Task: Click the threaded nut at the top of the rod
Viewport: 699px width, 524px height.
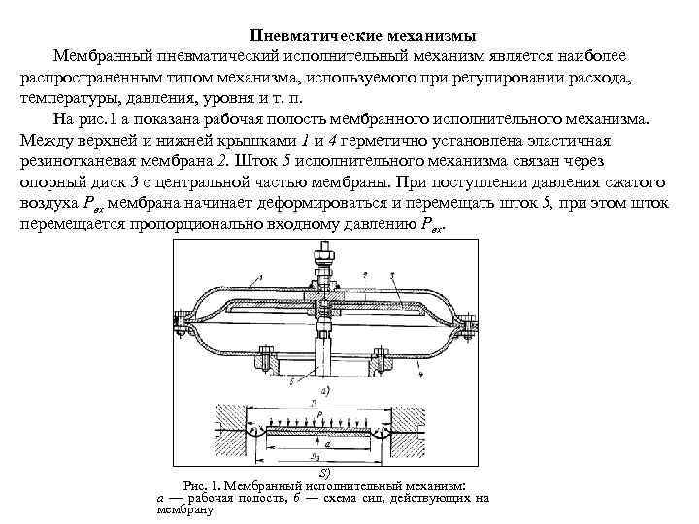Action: point(320,261)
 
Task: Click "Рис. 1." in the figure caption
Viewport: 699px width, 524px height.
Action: point(203,484)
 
